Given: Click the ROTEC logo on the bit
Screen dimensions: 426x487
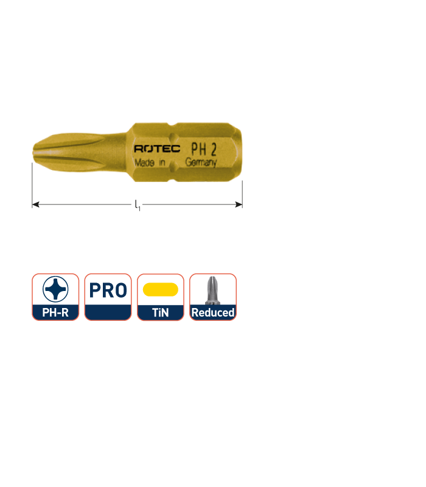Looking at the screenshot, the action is click(x=157, y=149).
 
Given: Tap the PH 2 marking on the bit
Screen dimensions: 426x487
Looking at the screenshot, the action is click(x=204, y=149).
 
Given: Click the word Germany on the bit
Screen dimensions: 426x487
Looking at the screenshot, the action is click(x=201, y=162).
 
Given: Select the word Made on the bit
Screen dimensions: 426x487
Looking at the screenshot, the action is click(x=144, y=163).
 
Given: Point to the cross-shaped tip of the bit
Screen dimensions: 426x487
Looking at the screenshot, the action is click(x=47, y=153).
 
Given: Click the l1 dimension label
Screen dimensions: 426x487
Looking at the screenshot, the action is click(x=138, y=205).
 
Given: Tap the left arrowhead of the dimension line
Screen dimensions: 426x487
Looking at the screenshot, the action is click(x=35, y=205).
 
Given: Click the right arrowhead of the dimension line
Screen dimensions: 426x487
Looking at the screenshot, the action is click(x=239, y=205).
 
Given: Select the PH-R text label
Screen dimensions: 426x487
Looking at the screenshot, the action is click(x=55, y=312).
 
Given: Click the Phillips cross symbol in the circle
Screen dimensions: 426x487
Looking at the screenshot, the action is click(x=55, y=289).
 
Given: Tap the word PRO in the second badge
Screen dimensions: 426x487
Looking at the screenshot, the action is click(x=108, y=290).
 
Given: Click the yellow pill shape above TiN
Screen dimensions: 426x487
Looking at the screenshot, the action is click(x=161, y=290).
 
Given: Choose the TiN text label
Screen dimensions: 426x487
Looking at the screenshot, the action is click(x=161, y=312).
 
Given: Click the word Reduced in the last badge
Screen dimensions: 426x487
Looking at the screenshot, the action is click(x=213, y=312).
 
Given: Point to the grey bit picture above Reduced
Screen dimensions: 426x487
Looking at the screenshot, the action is click(x=212, y=290).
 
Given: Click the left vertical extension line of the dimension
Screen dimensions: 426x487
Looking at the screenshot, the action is click(x=32, y=185).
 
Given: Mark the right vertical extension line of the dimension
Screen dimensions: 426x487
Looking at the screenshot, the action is click(x=242, y=194).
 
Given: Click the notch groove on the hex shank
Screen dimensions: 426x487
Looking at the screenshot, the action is click(x=173, y=152).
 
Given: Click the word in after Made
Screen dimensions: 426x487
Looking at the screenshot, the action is click(x=162, y=163).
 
